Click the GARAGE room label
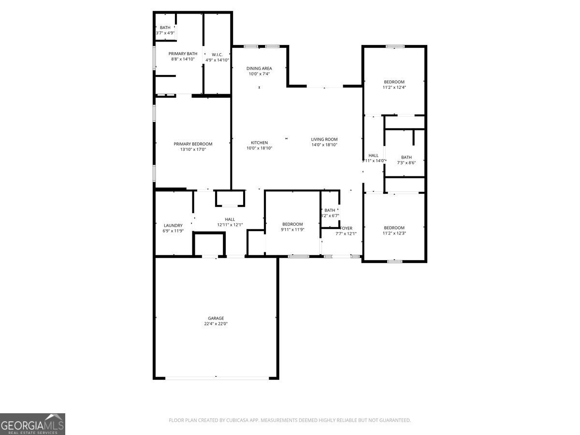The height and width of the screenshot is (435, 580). (216, 318)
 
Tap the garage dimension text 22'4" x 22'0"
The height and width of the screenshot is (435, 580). (216, 324)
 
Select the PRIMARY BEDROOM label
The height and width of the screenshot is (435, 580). (193, 144)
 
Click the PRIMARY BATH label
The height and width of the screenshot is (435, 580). (183, 53)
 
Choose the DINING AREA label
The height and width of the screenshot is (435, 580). (259, 68)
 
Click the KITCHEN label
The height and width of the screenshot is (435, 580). (259, 143)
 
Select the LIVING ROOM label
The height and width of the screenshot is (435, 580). (324, 139)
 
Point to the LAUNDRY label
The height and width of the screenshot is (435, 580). (173, 225)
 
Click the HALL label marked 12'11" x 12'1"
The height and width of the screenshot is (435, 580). (230, 219)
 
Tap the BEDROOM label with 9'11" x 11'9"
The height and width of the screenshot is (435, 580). (292, 224)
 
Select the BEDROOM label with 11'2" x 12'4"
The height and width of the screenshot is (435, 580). (394, 82)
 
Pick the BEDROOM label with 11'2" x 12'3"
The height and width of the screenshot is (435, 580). (394, 228)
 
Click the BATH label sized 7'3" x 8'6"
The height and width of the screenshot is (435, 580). (406, 157)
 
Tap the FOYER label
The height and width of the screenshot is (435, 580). (347, 228)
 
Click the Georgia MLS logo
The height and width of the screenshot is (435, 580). (32, 424)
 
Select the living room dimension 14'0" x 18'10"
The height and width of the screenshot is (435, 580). (324, 145)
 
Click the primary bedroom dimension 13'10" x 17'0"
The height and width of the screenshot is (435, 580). (193, 149)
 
